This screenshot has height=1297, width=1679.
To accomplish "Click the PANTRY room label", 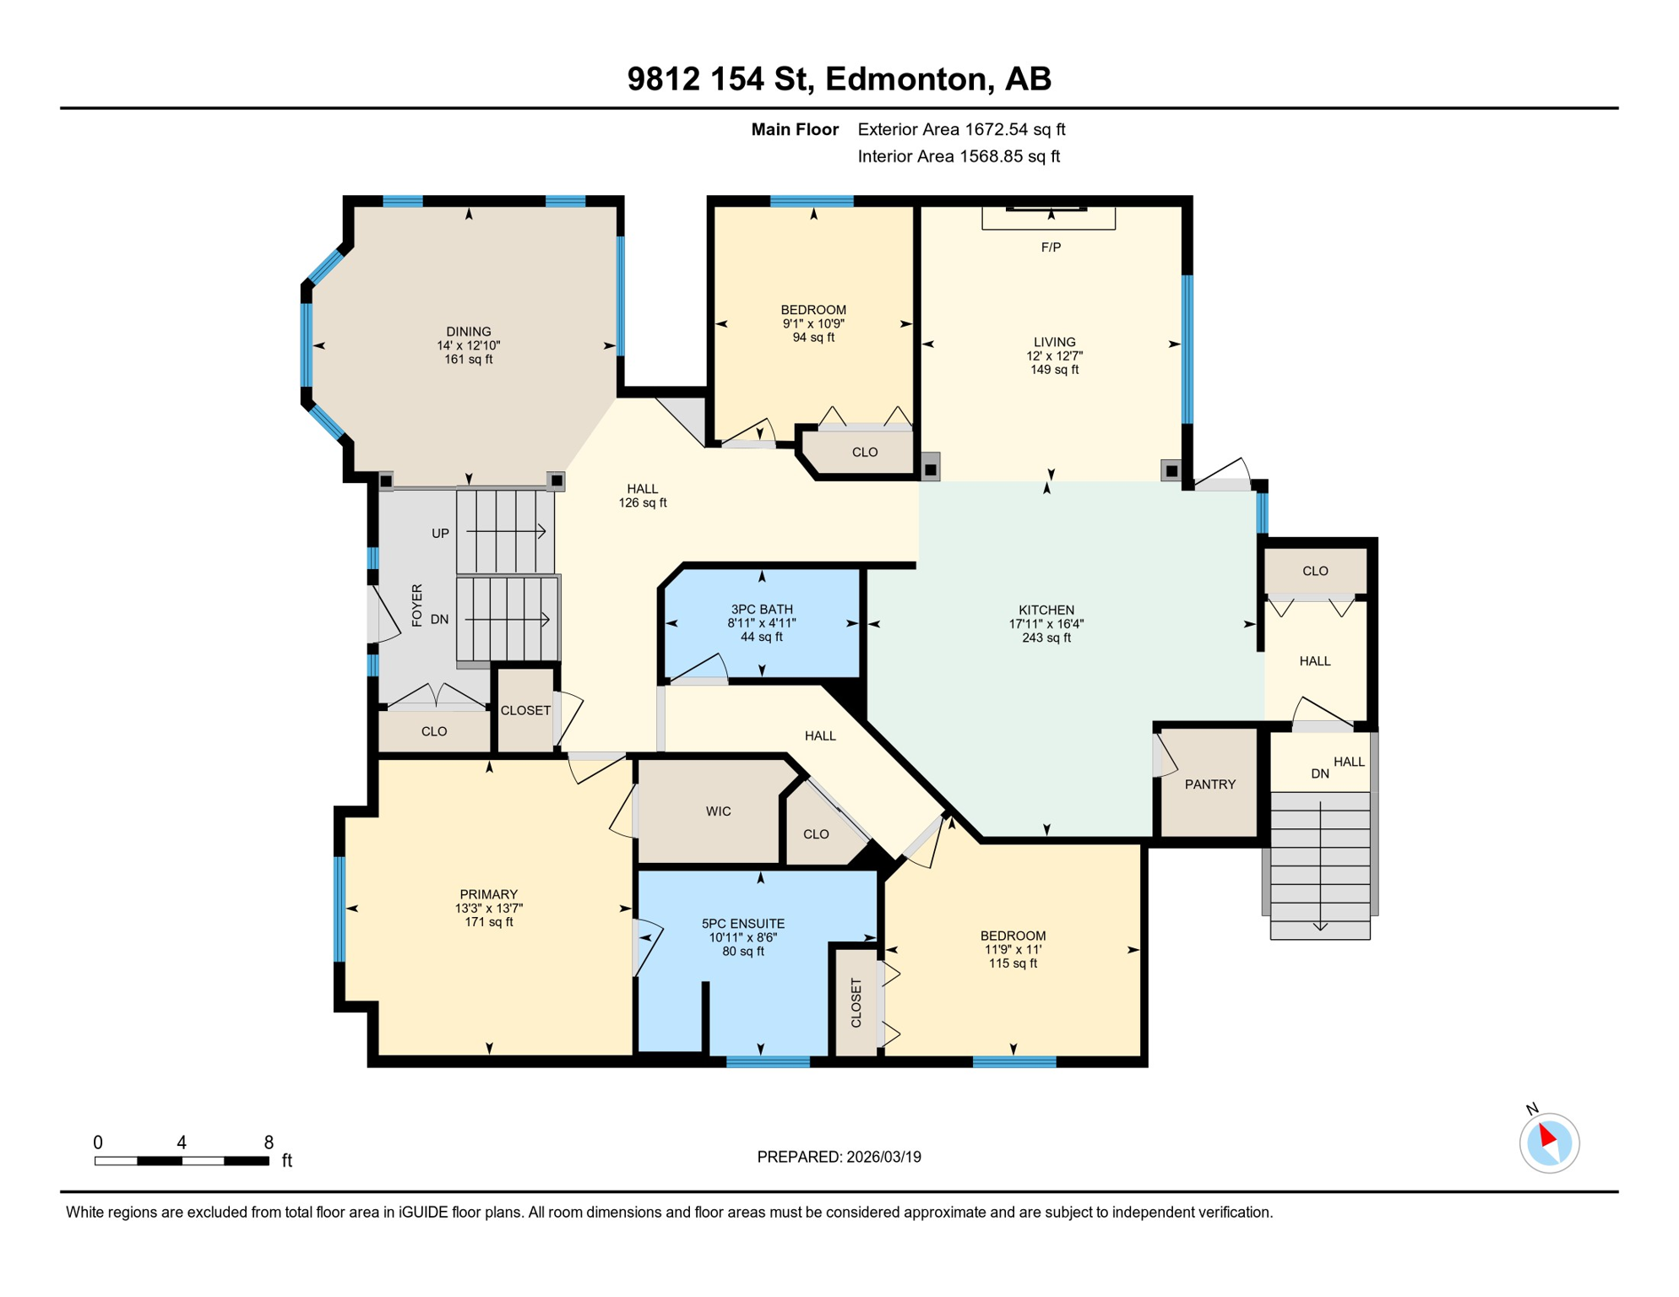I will pos(1209,784).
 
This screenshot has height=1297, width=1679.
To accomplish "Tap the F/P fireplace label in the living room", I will pos(1051,247).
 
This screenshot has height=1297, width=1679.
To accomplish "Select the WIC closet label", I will pos(718,811).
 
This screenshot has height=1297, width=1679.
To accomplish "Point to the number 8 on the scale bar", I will pos(269,1142).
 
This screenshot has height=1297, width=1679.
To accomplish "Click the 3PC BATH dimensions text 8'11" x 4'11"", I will pos(762,623).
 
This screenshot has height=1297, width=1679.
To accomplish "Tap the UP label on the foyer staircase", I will pos(440,534).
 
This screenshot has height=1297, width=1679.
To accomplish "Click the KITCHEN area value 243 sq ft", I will pos(1046,638).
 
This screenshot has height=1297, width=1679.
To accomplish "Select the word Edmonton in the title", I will pos(906,79).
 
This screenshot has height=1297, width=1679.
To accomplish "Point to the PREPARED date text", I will pos(839,1157).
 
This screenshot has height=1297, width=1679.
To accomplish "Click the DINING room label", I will pos(469,332).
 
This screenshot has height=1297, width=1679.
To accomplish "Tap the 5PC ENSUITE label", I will pos(743,924).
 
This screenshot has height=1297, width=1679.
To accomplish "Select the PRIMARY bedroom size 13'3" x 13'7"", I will pos(489,909).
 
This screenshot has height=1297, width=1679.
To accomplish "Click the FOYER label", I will pos(416,605).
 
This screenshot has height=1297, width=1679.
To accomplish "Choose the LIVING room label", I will pos(1054,342).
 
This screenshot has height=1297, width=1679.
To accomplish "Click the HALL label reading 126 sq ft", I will pos(643,502).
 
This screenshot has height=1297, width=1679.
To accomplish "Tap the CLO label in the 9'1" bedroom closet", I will pos(865,453).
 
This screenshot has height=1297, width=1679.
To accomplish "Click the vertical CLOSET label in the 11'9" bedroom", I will pos(856,1002).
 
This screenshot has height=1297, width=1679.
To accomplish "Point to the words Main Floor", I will pos(795,129).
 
